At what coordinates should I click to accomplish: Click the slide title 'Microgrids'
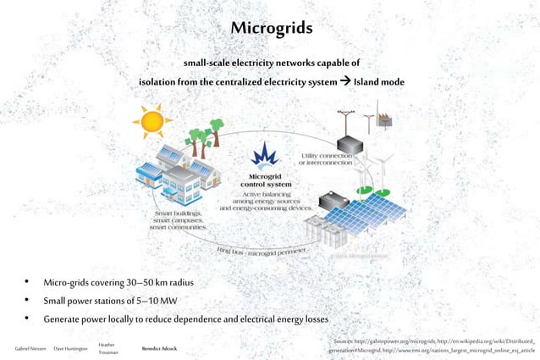click(x=271, y=29)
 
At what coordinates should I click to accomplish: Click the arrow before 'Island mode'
click(x=343, y=81)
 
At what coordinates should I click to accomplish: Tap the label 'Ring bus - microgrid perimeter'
click(x=273, y=252)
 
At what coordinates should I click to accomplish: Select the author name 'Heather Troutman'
click(x=107, y=348)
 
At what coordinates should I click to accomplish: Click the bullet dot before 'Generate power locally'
click(x=27, y=319)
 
